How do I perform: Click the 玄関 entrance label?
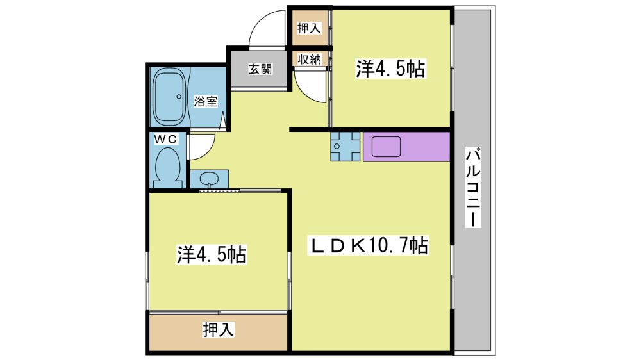(260, 69)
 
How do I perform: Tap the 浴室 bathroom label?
(205, 101)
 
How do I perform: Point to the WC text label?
(165, 140)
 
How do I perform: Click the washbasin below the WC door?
(210, 179)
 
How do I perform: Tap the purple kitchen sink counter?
(406, 146)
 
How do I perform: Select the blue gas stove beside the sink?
(346, 146)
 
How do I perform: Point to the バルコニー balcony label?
(474, 187)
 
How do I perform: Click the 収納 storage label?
(310, 60)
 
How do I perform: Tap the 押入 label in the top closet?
(310, 28)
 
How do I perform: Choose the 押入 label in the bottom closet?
(219, 330)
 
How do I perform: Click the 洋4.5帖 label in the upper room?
(391, 69)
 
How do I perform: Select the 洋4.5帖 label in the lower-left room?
(212, 254)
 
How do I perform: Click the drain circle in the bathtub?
(179, 97)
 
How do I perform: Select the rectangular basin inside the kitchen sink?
(386, 147)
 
